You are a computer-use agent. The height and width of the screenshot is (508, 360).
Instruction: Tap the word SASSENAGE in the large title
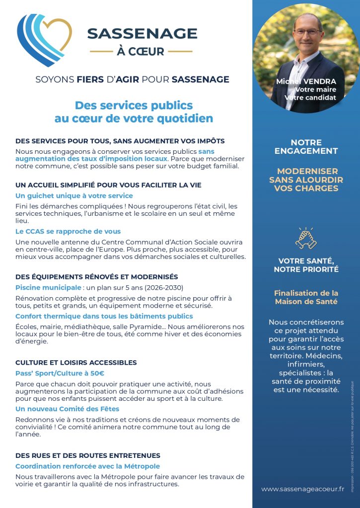[142, 33]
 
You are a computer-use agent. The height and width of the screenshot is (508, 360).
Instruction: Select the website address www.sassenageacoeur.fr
[302, 489]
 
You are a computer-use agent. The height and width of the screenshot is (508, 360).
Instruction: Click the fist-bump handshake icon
[306, 239]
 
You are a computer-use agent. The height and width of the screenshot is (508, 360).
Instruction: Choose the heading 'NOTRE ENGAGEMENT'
[306, 146]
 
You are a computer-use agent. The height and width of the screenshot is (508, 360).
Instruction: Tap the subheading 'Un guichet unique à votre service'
[74, 195]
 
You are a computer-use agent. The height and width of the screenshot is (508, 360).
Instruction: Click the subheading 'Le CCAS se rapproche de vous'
[68, 231]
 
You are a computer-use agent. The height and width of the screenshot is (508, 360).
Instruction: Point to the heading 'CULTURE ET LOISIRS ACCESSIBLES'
[76, 363]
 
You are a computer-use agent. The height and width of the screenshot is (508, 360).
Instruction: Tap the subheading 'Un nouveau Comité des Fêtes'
[68, 409]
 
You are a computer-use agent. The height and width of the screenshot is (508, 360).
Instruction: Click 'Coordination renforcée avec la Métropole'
[87, 466]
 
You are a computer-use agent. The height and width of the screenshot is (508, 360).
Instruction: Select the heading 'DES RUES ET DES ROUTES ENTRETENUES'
[88, 455]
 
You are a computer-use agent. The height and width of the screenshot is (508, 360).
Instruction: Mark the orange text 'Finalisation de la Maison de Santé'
[306, 297]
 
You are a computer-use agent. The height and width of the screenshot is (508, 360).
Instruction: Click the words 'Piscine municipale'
[48, 287]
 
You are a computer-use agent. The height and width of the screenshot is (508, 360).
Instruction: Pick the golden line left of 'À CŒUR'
[101, 51]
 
